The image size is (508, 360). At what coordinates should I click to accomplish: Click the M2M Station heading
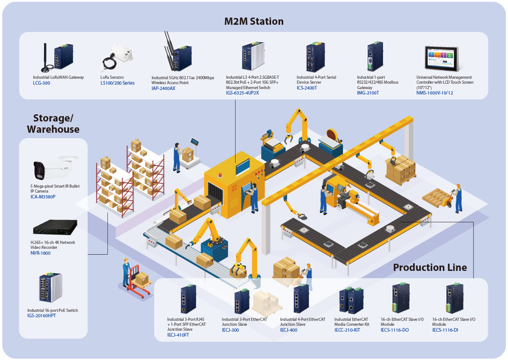[254, 21]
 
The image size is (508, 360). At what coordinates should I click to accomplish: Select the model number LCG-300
[41, 83]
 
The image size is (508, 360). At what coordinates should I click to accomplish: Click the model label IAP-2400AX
[163, 89]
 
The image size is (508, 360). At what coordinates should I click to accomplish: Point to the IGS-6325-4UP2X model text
[242, 93]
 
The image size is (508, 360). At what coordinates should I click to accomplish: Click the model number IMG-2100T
[368, 93]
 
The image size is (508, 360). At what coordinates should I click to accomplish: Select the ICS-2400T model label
[307, 88]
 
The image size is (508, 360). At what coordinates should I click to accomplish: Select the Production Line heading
[430, 267]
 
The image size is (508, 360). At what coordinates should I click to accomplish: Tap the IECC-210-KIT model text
[347, 330]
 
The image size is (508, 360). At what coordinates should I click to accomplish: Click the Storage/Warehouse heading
[53, 124]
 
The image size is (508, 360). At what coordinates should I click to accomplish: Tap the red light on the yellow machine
[220, 174]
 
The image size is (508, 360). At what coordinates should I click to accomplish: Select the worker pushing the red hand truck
[127, 273]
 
